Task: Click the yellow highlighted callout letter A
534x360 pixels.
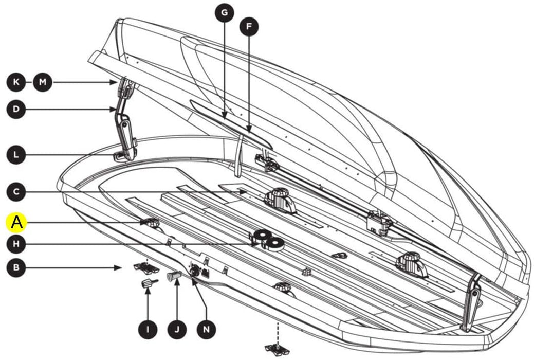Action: pos(17,222)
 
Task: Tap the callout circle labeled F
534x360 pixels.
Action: pos(249,28)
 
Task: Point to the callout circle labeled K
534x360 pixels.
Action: pos(17,82)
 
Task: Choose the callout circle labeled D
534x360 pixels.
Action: pos(17,109)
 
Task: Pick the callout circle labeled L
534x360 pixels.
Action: pos(17,154)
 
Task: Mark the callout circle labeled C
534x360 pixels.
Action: pos(17,192)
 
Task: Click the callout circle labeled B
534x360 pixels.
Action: pos(17,267)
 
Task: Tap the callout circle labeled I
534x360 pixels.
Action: pos(148,328)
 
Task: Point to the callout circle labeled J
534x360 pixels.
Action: pos(176,328)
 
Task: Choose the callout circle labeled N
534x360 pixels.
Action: pos(206,328)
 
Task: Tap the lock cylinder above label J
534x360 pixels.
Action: pos(173,277)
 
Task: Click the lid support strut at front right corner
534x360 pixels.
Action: pos(471,303)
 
